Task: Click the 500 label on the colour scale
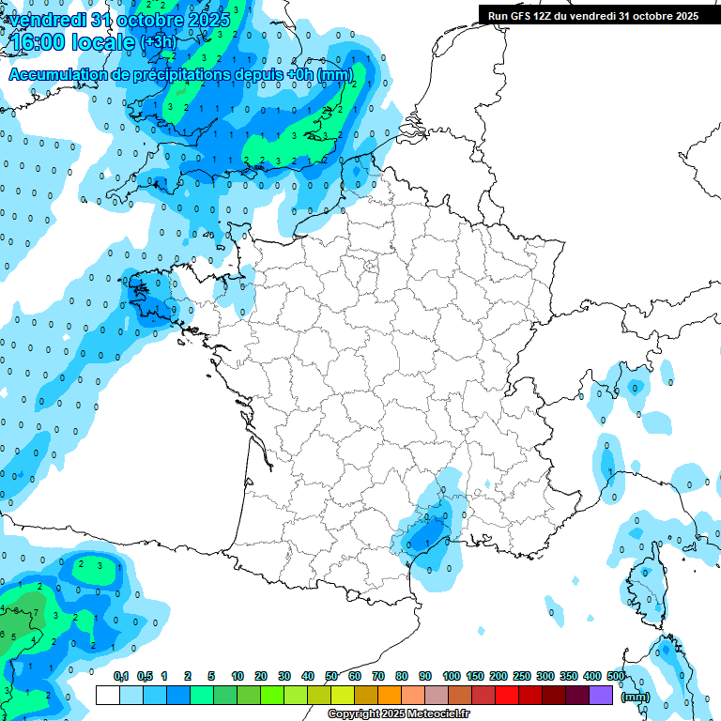(616, 676)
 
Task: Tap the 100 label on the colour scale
(452, 676)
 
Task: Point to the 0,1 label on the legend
(121, 676)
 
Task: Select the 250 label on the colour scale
(522, 676)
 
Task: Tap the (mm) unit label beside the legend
(636, 697)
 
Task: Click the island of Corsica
(647, 586)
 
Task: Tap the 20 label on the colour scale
(261, 676)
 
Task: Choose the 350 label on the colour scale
(569, 676)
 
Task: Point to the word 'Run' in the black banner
(498, 15)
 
